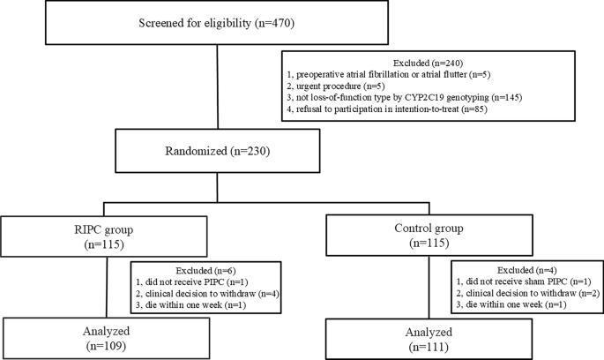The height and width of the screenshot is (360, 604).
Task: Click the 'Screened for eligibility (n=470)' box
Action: click(217, 23)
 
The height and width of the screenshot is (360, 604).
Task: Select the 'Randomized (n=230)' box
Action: click(217, 151)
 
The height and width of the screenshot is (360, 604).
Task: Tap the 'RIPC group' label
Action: click(104, 230)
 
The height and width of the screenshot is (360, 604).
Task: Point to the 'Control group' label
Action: click(429, 229)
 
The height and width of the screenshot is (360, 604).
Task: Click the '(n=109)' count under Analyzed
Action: click(106, 346)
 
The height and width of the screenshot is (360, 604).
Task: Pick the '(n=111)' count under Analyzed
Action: click(429, 347)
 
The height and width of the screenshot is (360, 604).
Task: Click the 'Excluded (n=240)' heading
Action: click(428, 63)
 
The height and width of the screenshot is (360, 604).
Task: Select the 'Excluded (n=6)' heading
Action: click(205, 271)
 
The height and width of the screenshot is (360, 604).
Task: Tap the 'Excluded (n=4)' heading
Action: click(527, 270)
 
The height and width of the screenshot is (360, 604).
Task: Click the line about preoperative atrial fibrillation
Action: click(388, 74)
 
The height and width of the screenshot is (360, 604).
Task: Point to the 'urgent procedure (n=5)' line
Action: click(336, 86)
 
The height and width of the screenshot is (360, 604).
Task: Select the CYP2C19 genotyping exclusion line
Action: click(405, 98)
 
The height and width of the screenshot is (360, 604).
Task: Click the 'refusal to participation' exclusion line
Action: click(387, 109)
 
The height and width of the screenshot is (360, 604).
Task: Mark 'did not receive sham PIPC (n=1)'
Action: click(524, 281)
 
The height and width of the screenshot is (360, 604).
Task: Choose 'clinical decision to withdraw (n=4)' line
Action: click(207, 294)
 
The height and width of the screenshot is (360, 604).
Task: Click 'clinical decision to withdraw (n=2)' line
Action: click(528, 293)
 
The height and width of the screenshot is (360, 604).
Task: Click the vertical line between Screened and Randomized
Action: click(217, 86)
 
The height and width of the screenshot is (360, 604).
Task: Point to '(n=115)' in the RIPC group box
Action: click(104, 244)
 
